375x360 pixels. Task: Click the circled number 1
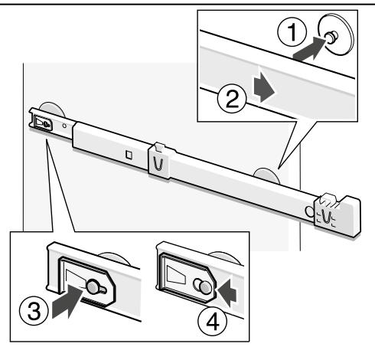(x=292, y=32)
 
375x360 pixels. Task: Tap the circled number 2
(x=232, y=99)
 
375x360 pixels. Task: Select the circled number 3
(x=34, y=310)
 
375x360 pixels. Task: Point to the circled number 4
(x=212, y=322)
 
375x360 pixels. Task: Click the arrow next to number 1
(x=308, y=48)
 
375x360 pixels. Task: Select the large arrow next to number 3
(x=67, y=302)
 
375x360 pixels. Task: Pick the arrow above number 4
(x=227, y=293)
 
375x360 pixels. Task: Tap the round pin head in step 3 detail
(x=93, y=287)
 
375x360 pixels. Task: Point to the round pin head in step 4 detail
(x=206, y=287)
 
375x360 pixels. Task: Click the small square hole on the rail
(x=129, y=155)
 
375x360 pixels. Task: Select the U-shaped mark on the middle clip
(x=158, y=163)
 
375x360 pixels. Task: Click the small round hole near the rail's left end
(x=64, y=126)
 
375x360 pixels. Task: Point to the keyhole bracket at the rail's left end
(x=43, y=123)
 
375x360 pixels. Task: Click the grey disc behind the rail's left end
(x=52, y=109)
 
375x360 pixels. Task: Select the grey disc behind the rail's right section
(x=266, y=175)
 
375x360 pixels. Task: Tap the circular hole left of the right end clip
(x=309, y=211)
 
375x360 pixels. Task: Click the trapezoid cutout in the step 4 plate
(x=177, y=274)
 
